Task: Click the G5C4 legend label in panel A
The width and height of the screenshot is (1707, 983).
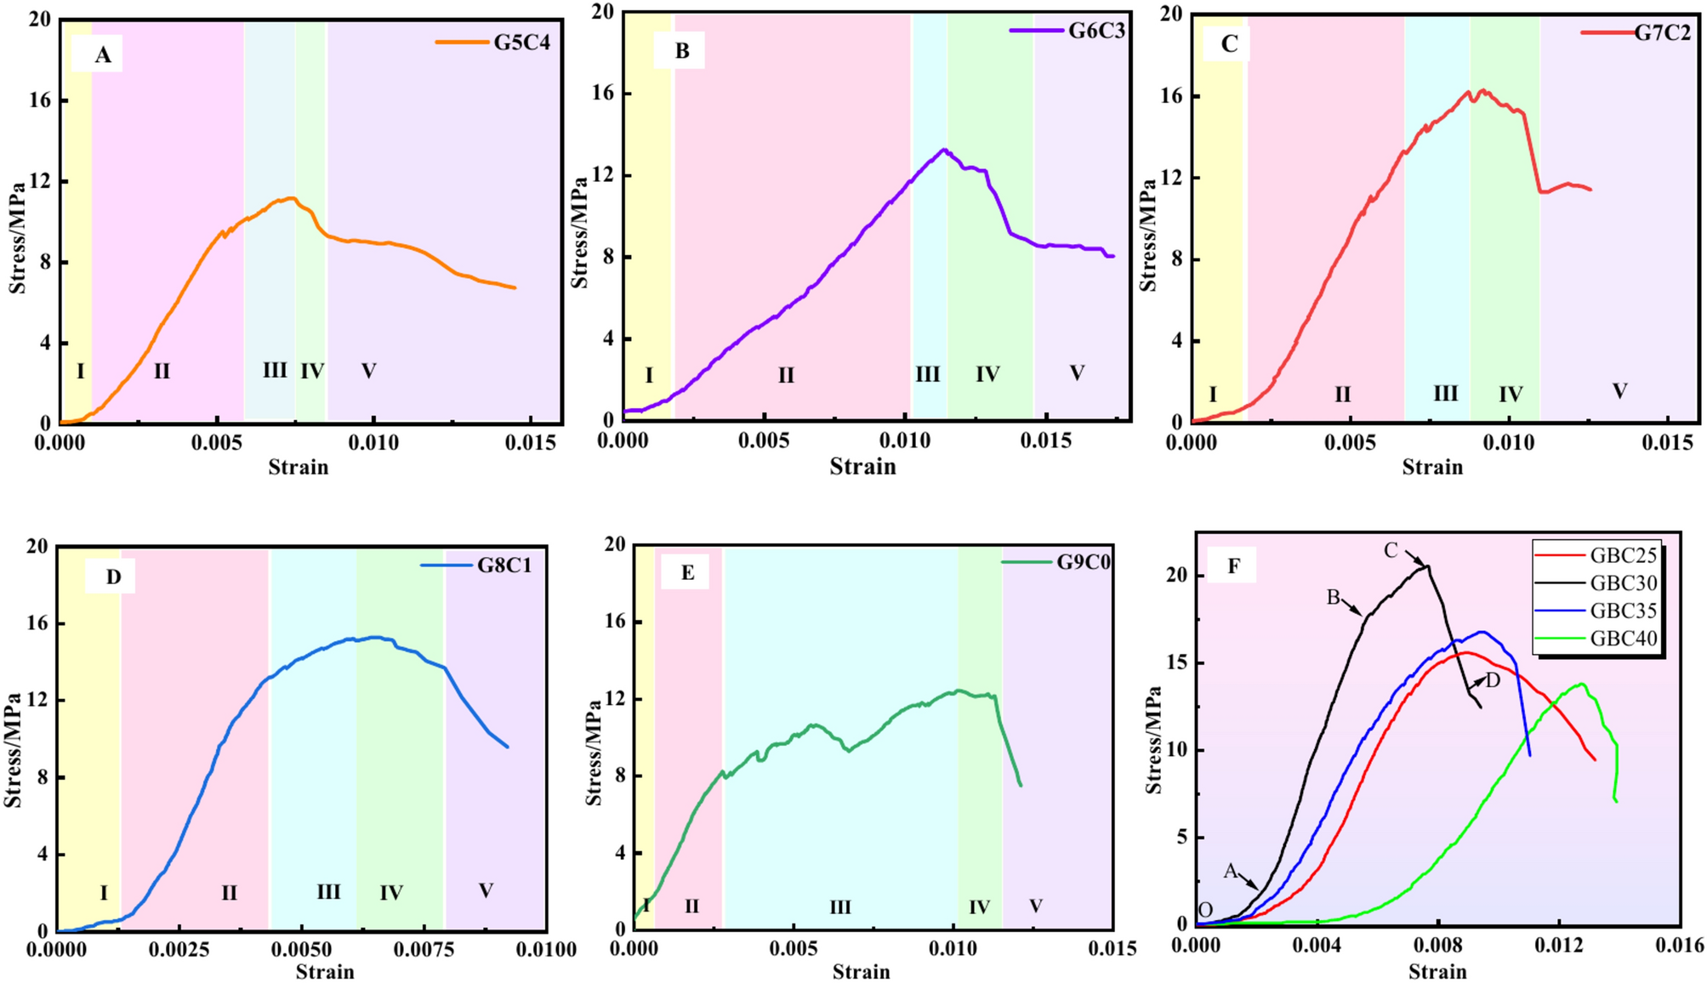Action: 521,42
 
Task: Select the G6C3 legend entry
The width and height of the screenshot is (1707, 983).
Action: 1096,31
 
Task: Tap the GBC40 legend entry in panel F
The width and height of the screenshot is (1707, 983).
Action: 1623,639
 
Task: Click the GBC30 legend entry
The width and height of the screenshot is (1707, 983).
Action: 1623,583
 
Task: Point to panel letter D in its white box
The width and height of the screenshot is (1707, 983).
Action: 113,577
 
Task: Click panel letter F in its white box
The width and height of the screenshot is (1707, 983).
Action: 1233,566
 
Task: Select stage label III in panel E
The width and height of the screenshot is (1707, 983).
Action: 839,907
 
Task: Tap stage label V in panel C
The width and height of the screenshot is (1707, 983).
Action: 1619,391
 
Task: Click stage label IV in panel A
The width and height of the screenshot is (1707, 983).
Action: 311,372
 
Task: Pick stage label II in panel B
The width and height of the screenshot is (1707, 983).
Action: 785,375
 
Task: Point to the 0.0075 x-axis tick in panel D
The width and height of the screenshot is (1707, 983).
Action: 423,949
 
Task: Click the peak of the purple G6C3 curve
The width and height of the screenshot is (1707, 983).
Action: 943,150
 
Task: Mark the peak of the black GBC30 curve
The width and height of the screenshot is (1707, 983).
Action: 1427,566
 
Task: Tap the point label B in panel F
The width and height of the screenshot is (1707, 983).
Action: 1333,598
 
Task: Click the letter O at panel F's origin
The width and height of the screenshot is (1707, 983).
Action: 1205,911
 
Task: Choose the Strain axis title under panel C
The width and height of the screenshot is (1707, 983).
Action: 1432,467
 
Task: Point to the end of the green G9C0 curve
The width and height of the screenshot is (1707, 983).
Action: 1020,785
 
